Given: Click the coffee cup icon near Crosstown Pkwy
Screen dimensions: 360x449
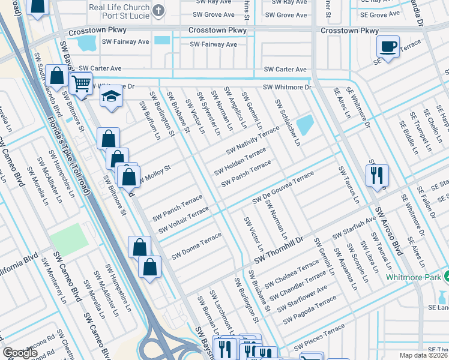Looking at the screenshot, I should coord(388,47).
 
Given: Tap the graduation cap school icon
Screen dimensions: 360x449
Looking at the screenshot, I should coord(111,98).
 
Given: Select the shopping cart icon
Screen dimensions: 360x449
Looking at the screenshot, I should coord(81,84).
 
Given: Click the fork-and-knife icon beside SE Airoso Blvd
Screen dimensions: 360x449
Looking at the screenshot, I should coord(376,175).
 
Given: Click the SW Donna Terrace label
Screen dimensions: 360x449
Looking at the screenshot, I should coord(196,247).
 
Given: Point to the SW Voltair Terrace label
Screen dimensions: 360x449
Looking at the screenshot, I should coord(183,220).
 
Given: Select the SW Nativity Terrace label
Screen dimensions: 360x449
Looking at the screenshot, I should coord(252,139).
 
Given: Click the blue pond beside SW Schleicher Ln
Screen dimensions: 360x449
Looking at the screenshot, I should coord(305,125).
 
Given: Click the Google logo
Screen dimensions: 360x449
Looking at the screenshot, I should coord(20,353).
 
